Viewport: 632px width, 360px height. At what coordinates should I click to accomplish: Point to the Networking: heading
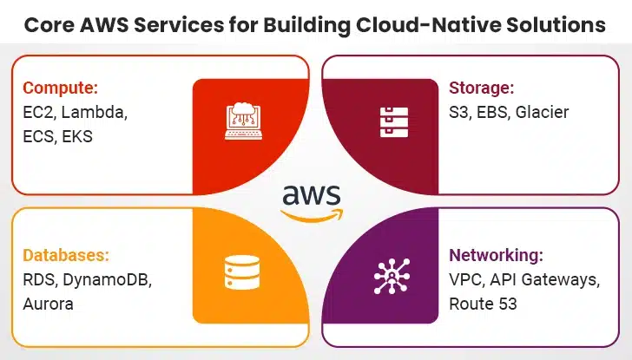tap(496, 256)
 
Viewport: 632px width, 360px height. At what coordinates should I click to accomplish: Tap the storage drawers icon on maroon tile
tap(386, 121)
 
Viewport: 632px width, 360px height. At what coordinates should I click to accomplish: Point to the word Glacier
tap(542, 112)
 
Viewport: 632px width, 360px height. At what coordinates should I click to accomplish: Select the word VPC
tap(464, 280)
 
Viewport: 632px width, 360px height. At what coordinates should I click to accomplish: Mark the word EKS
tap(76, 136)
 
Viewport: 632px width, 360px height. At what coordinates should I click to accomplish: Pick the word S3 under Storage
tap(458, 112)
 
